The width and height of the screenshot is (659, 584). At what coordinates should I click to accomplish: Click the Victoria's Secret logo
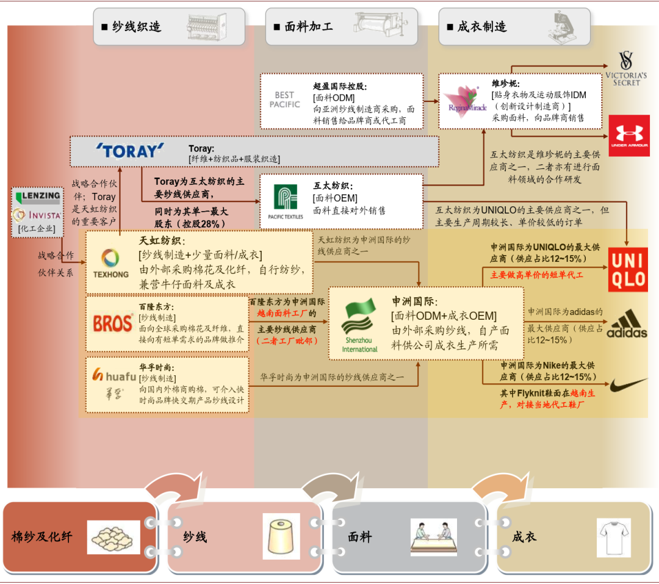tap(626, 68)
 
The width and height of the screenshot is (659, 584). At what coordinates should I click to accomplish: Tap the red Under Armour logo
tap(629, 136)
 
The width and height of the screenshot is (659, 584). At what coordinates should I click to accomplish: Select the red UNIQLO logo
tap(628, 270)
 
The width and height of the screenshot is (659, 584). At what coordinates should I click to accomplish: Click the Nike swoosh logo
tap(628, 384)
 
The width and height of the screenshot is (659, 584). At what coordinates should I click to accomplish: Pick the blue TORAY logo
tap(130, 151)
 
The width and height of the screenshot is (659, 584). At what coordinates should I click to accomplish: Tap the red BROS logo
tap(113, 324)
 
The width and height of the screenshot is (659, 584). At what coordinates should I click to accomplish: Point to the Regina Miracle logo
tap(467, 101)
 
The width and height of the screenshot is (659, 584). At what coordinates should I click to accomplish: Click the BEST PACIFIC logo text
tap(284, 99)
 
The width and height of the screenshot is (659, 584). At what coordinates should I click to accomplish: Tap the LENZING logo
tap(38, 196)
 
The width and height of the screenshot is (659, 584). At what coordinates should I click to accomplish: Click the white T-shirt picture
tap(614, 538)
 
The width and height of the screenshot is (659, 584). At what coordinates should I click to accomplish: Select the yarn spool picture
tap(281, 536)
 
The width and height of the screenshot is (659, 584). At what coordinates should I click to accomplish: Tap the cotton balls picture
tap(113, 538)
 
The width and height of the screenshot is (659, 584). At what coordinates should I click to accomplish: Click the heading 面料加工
tap(309, 27)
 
